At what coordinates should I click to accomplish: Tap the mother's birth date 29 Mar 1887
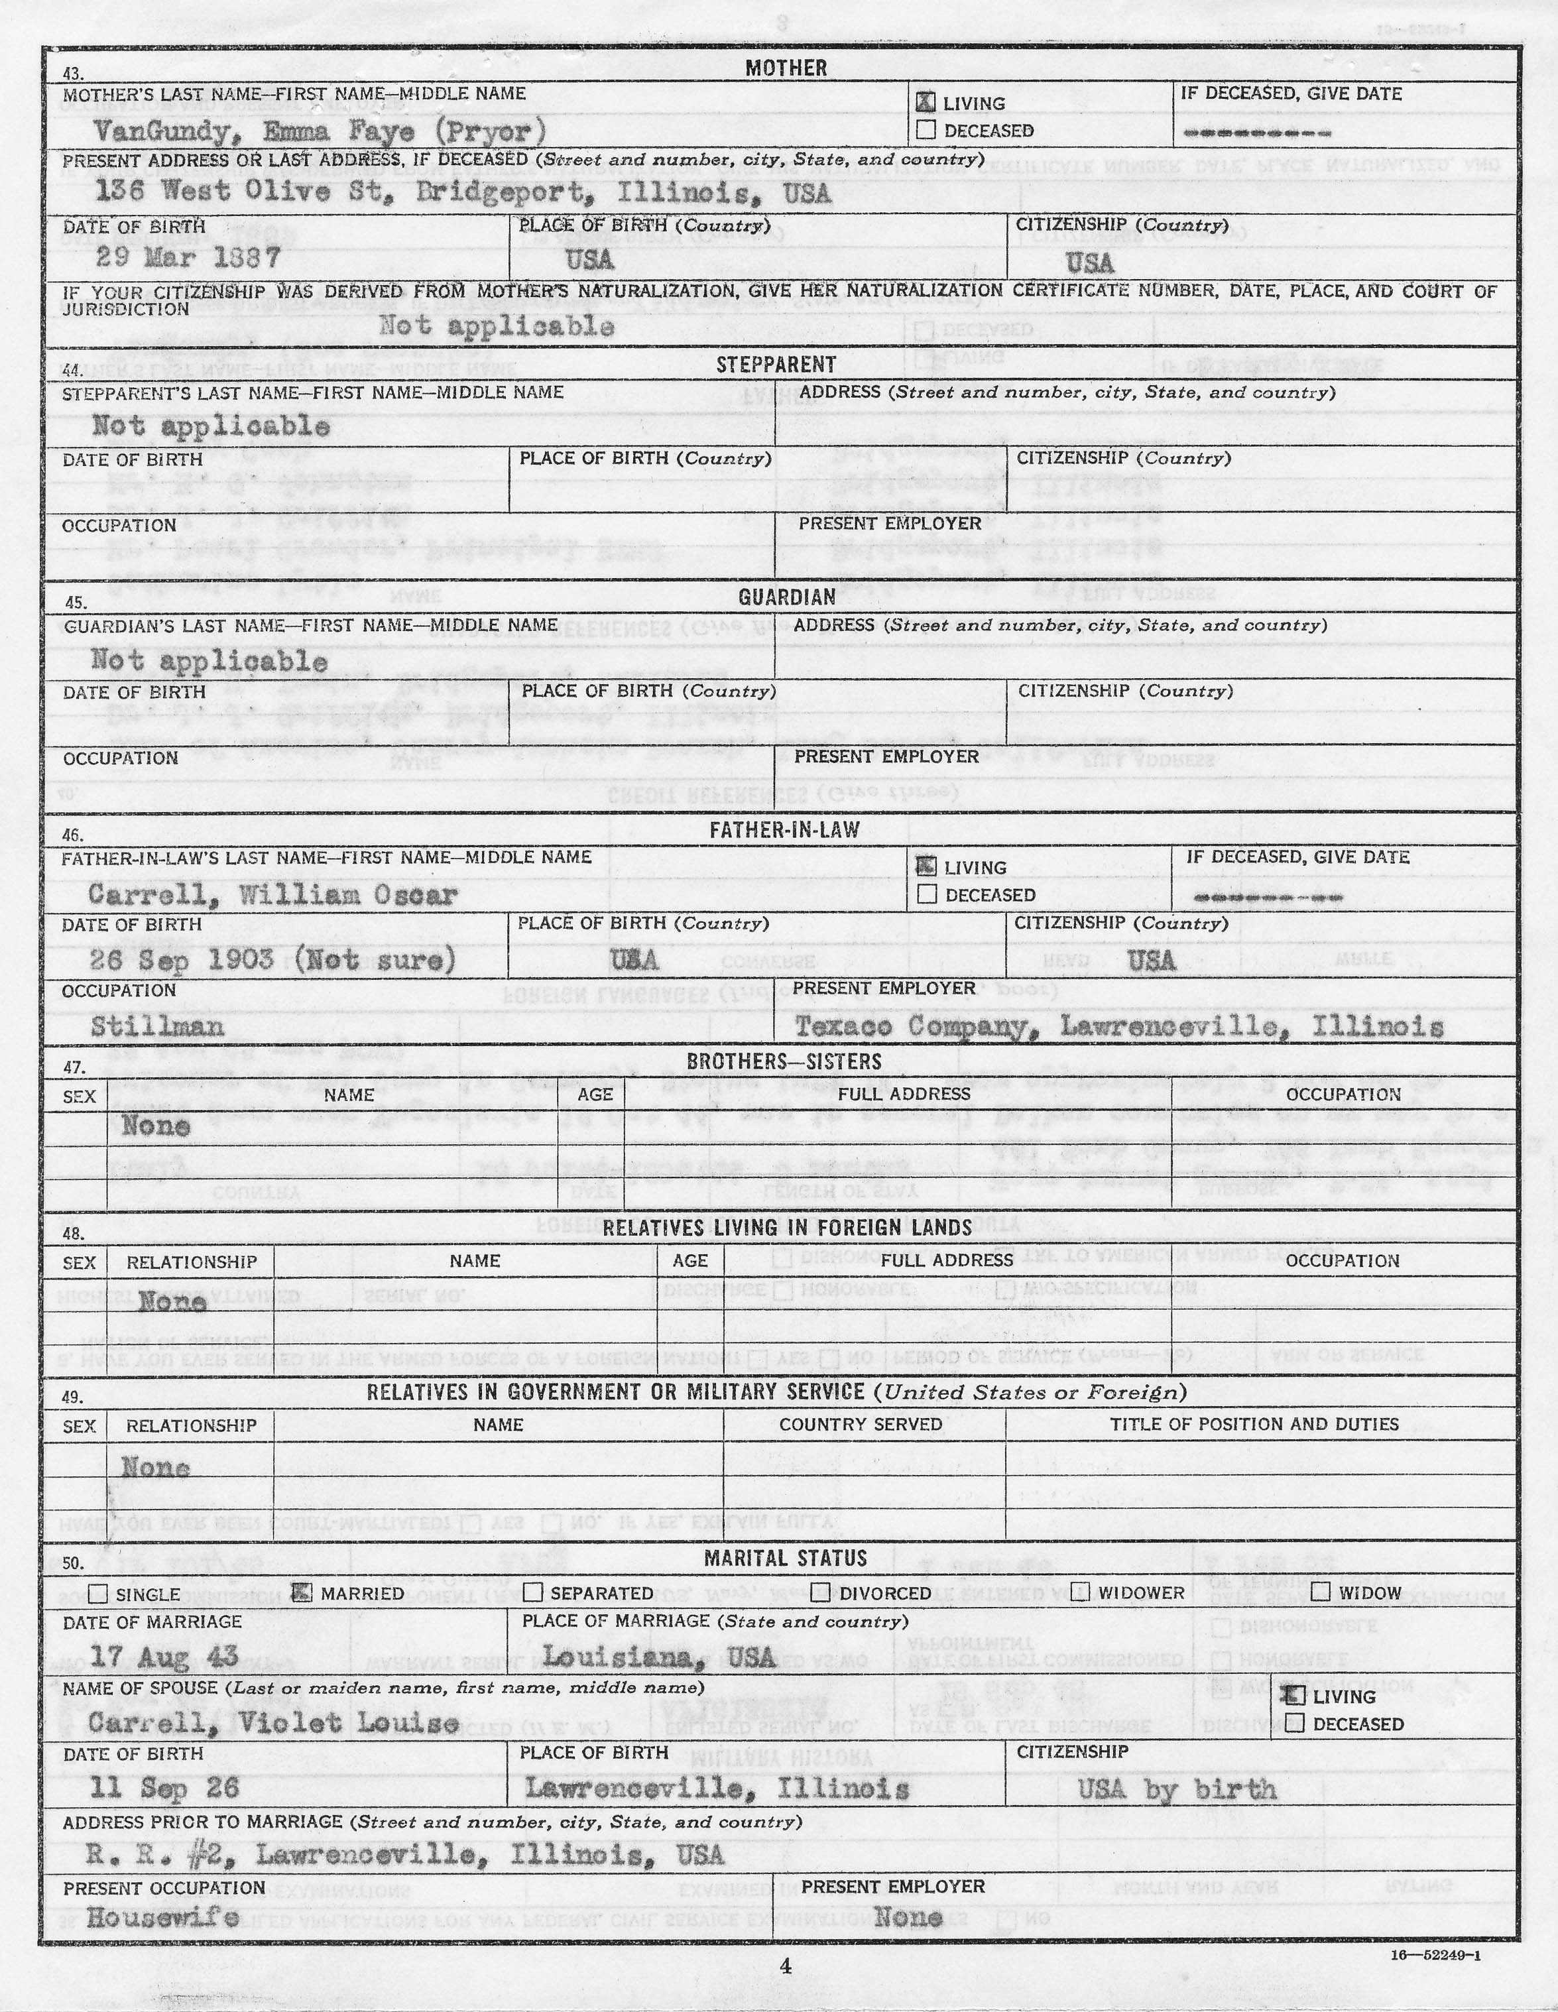(x=188, y=257)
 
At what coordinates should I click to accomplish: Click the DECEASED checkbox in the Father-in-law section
(x=927, y=894)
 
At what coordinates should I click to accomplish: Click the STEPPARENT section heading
(x=776, y=365)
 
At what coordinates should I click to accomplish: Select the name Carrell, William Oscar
(x=272, y=894)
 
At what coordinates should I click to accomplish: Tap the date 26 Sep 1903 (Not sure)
(x=272, y=961)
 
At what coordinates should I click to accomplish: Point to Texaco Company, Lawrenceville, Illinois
(x=1118, y=1026)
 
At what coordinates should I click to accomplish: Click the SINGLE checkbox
(x=97, y=1594)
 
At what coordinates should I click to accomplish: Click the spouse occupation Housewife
(x=163, y=1917)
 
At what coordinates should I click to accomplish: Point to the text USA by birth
(x=1177, y=1789)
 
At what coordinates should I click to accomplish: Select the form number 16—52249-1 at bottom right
(x=1437, y=1950)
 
